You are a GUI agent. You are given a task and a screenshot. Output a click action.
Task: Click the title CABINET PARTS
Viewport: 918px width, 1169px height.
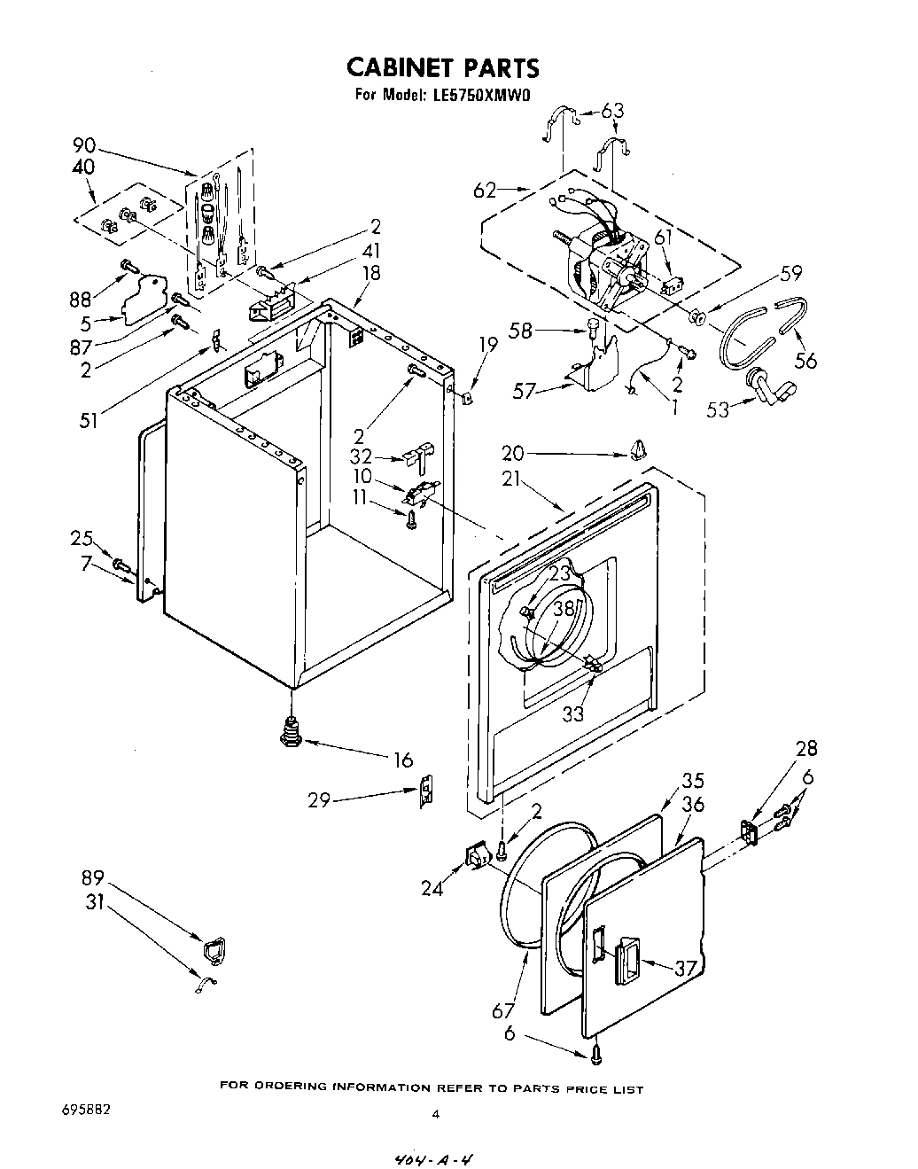click(x=441, y=68)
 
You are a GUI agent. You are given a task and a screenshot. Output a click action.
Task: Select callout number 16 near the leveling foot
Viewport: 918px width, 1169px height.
click(x=403, y=760)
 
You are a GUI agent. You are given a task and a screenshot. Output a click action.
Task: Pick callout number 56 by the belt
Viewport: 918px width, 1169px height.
click(x=805, y=360)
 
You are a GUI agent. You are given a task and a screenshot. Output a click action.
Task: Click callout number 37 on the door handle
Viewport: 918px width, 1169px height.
click(x=685, y=967)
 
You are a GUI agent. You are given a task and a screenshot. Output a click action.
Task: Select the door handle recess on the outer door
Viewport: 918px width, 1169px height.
click(x=627, y=961)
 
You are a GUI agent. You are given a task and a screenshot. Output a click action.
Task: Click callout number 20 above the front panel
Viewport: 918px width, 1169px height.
click(x=513, y=454)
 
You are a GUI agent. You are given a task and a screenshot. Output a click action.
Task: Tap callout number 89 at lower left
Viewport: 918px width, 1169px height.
click(x=94, y=878)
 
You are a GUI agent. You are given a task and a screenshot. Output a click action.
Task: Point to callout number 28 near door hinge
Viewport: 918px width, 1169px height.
click(x=806, y=749)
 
